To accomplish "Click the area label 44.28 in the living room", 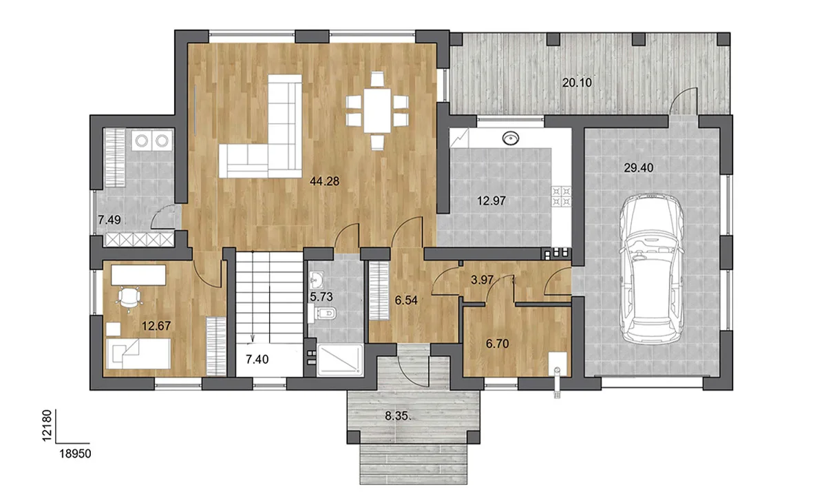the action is coord(324,181).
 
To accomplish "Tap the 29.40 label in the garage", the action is coord(639,168).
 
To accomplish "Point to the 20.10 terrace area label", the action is coord(577,82).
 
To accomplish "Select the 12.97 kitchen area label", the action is coord(491,200).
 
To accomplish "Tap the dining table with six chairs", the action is coord(377,110).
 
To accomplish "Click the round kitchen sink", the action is coord(511,138).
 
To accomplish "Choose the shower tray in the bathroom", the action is coord(339,360).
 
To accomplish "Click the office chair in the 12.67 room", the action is coord(128,298).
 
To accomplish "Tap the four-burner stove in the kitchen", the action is coord(561,196).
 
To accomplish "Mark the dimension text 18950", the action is coord(75,453).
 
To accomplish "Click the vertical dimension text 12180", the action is coord(46,426).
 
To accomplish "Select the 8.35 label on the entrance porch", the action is coord(398,416).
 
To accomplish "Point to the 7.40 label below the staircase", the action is coord(257,359).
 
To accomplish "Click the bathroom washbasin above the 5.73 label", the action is coord(317,280).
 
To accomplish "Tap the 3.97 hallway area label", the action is coord(482,280).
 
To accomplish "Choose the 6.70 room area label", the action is coord(498,344).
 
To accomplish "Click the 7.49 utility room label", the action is coord(109,220).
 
